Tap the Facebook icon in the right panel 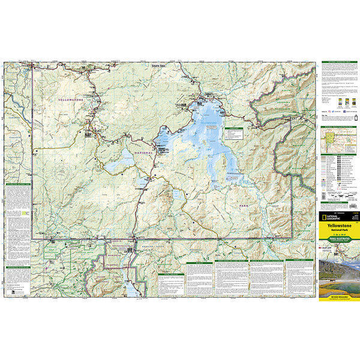tap(331, 111)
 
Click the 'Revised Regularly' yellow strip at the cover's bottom tap(337, 296)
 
